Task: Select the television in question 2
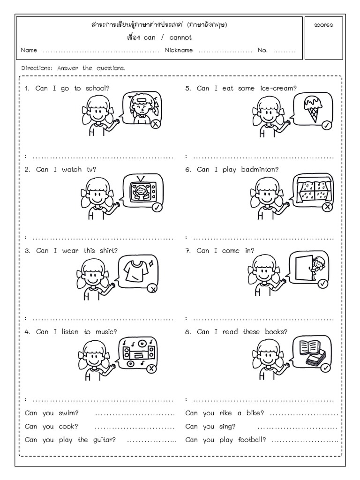point(140,191)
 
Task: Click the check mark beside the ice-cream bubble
point(326,125)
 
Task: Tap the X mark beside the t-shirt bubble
point(152,289)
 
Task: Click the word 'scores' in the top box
point(323,25)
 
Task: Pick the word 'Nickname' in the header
point(179,50)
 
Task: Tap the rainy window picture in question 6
point(312,189)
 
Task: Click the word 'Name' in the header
point(29,50)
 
